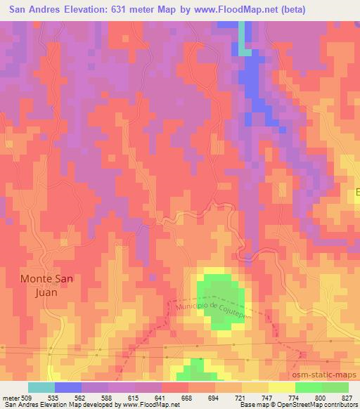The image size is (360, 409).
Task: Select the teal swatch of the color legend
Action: (x=41, y=387)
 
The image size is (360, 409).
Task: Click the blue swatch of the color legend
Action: (x=68, y=387)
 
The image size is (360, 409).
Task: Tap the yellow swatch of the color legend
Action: (x=281, y=387)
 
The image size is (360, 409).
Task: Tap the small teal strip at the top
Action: (x=243, y=38)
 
